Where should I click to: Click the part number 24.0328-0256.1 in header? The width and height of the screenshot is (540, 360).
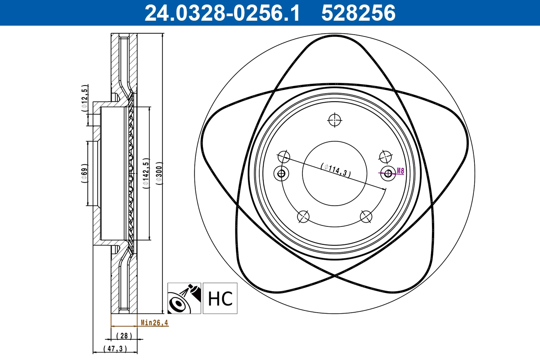221,13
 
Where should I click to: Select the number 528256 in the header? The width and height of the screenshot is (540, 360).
358,13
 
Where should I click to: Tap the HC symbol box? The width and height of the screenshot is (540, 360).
220,298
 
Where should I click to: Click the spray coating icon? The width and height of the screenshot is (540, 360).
184,298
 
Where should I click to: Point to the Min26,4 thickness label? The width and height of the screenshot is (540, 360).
154,322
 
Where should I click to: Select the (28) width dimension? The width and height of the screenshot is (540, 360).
123,336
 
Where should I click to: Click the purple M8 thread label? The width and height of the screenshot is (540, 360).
400,171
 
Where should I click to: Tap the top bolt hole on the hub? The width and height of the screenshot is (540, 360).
335,120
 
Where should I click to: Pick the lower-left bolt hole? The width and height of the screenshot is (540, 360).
304,216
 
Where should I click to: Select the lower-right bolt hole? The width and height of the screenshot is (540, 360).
366,216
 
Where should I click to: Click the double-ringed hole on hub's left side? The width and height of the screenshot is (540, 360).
282,173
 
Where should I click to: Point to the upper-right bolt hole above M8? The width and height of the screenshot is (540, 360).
385,157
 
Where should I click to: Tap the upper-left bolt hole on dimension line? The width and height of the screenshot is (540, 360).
284,157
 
